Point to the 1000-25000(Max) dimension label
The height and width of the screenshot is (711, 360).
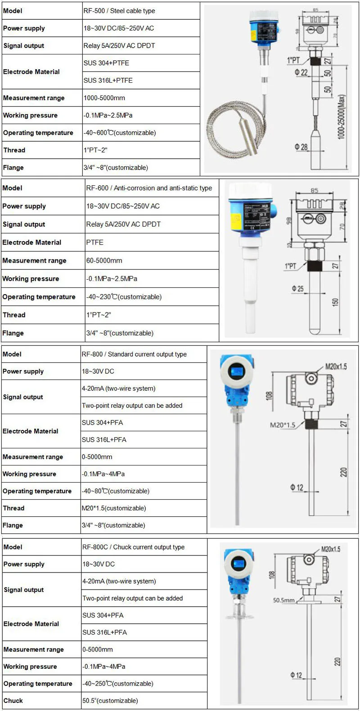pos(342,117)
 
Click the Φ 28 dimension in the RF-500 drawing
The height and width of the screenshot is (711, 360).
pos(301,147)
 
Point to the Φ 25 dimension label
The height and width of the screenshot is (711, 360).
pos(297,288)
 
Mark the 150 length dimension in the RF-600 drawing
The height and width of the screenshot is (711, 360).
pos(335,302)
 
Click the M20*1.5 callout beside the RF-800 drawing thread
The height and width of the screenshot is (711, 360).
pos(283,425)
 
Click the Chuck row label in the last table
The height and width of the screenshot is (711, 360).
pos(13,701)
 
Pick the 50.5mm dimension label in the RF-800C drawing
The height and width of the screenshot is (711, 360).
pos(283,600)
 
